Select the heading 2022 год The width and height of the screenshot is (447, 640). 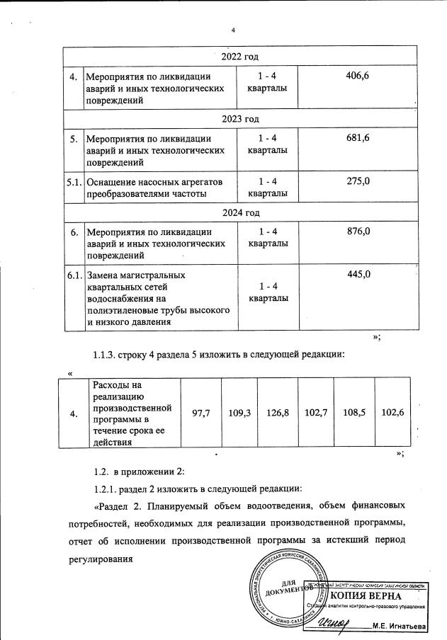pyautogui.click(x=240, y=57)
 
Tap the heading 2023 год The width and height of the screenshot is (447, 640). pyautogui.click(x=240, y=118)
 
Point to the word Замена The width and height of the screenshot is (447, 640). pyautogui.click(x=102, y=275)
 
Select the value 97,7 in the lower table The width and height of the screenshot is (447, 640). pyautogui.click(x=201, y=413)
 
